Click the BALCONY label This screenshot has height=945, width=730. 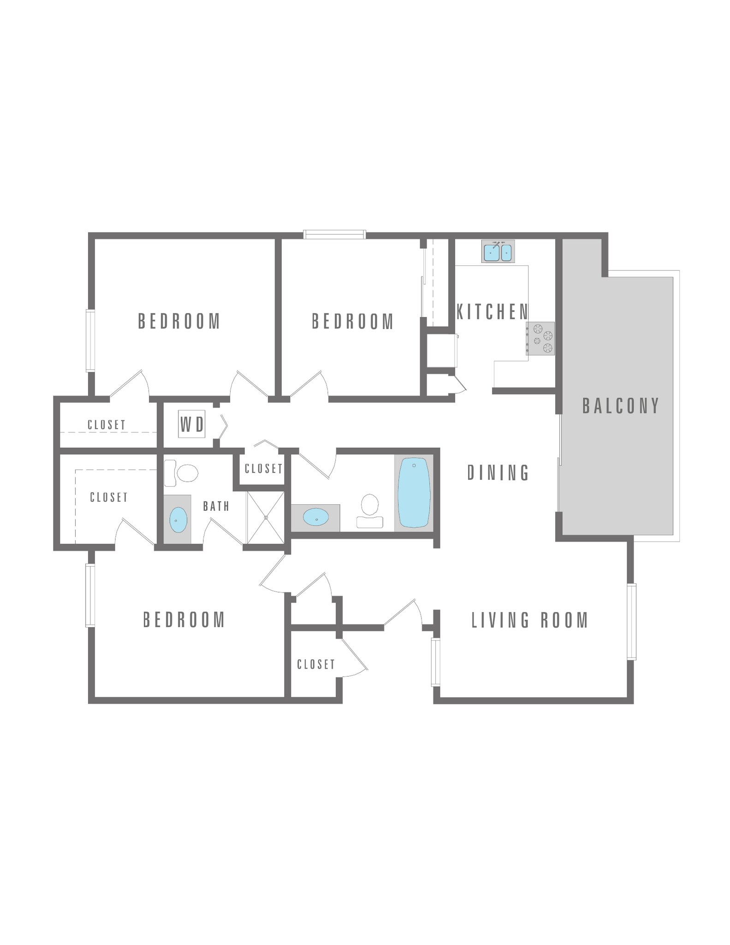pyautogui.click(x=621, y=406)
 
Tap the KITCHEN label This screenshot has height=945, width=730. pyautogui.click(x=492, y=312)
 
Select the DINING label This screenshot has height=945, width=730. pyautogui.click(x=498, y=473)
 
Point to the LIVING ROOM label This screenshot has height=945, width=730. pyautogui.click(x=530, y=620)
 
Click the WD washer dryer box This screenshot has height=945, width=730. pyautogui.click(x=191, y=424)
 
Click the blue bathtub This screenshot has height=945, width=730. pyautogui.click(x=414, y=492)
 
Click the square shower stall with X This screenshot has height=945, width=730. pyautogui.click(x=266, y=518)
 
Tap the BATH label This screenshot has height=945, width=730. pyautogui.click(x=216, y=506)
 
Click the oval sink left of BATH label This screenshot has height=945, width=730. pyautogui.click(x=178, y=520)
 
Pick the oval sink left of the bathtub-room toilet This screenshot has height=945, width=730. pyautogui.click(x=316, y=517)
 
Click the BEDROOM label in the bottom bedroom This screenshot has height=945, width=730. pyautogui.click(x=184, y=620)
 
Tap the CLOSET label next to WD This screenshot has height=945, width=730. pyautogui.click(x=107, y=425)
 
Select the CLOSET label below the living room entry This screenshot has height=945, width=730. pyautogui.click(x=316, y=664)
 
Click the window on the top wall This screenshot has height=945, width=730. pyautogui.click(x=335, y=234)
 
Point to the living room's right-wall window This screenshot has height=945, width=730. pyautogui.click(x=631, y=622)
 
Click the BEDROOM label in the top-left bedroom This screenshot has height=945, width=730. pyautogui.click(x=179, y=321)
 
